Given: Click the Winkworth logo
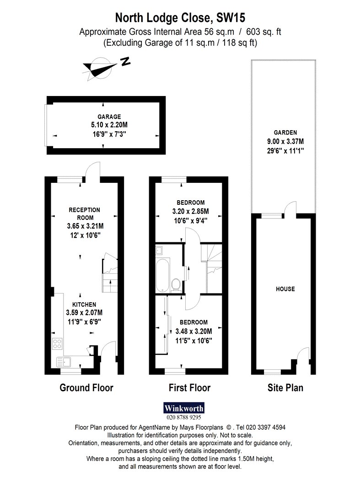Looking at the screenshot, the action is click(184, 408).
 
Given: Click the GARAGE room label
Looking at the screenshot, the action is click(109, 117).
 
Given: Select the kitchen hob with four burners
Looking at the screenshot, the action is click(57, 343).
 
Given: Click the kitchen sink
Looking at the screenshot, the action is click(64, 362).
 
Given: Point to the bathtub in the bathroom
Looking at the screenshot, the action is click(162, 275).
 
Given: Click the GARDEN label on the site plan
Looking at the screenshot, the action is click(285, 133).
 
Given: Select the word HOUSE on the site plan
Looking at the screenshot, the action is click(285, 289).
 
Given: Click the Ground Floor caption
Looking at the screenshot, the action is click(86, 388).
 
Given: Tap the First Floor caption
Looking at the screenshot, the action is click(190, 388).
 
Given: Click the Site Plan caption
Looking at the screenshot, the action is click(285, 388).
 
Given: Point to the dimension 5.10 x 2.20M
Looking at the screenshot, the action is click(109, 125).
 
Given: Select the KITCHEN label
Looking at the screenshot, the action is click(84, 304).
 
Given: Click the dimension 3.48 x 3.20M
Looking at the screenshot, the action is click(193, 331).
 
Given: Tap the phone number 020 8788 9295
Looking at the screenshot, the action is click(184, 417).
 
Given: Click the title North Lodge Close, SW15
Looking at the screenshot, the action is click(180, 18).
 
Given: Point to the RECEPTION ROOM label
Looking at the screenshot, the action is click(85, 213).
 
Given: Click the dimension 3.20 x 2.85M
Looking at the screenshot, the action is click(191, 211).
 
